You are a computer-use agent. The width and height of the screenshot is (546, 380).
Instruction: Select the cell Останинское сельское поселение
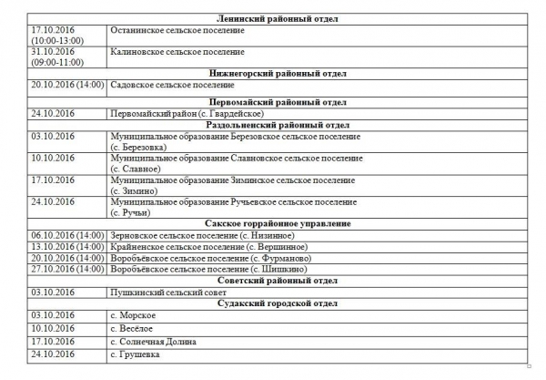(177, 31)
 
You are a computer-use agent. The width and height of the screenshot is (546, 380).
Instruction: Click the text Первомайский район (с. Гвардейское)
(187, 113)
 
